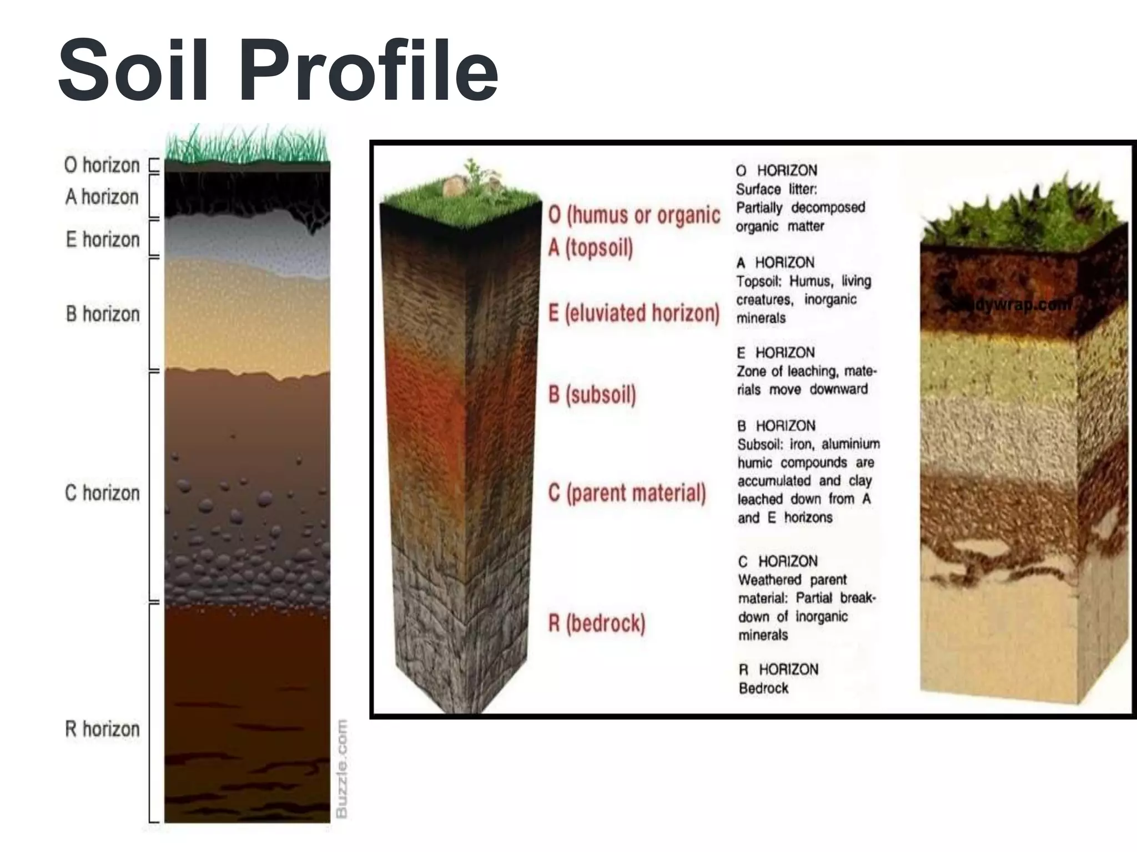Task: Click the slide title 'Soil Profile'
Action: (x=278, y=69)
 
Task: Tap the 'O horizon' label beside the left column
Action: (x=102, y=165)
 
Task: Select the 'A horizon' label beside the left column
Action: (x=102, y=197)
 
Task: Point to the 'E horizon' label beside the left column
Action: (x=103, y=240)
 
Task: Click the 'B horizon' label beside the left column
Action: (x=103, y=314)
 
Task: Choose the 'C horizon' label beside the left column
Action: (x=102, y=493)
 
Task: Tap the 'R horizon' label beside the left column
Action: (x=102, y=729)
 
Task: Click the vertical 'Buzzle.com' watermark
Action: (x=342, y=768)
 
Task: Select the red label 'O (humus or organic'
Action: (x=634, y=215)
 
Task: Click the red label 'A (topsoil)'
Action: (x=591, y=247)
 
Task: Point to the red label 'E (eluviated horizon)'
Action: (x=634, y=313)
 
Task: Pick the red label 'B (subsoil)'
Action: (x=592, y=394)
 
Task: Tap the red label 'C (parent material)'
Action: (x=627, y=493)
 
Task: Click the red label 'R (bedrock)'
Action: (x=597, y=623)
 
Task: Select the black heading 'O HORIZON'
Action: (x=777, y=170)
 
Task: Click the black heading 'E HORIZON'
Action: (x=776, y=352)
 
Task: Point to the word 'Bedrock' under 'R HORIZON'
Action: (x=763, y=688)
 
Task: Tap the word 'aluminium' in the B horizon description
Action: (x=851, y=444)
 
